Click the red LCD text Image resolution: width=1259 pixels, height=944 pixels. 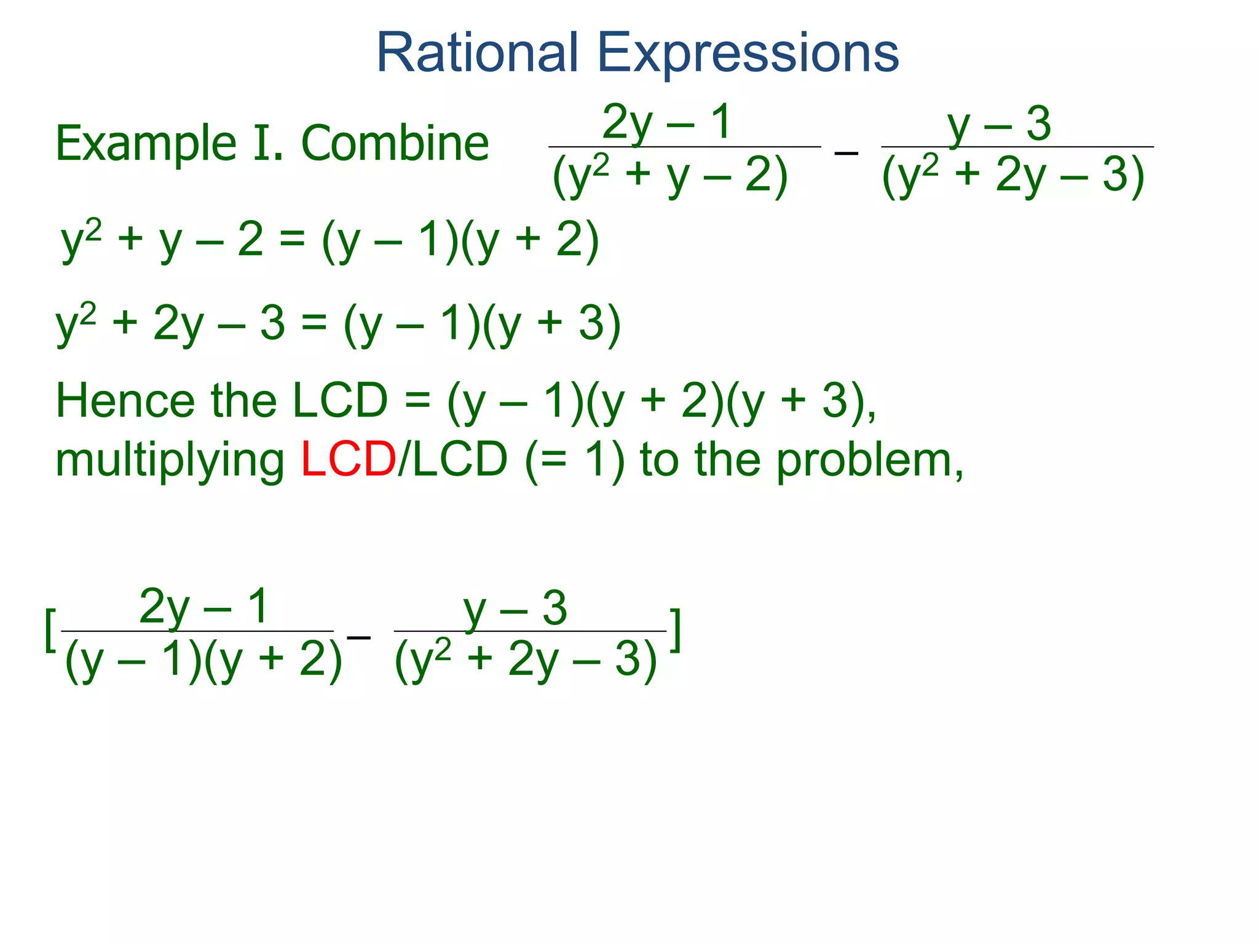[348, 460]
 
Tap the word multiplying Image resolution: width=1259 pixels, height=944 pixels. [170, 461]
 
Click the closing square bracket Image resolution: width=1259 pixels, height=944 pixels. [675, 631]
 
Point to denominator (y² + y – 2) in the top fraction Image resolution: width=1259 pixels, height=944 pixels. [669, 176]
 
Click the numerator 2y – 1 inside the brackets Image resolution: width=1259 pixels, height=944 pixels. [203, 607]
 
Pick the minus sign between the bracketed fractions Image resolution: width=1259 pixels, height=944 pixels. [358, 637]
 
